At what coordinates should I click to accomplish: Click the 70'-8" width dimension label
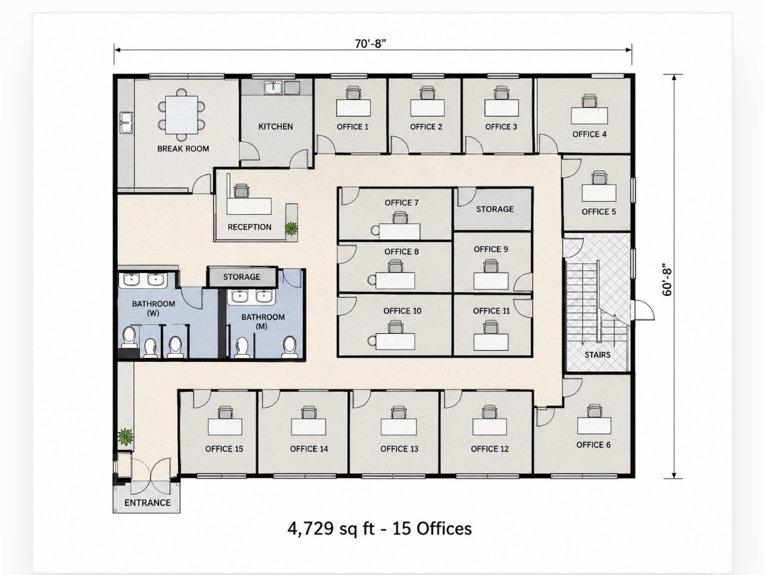371,43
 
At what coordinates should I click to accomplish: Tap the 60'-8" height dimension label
668,282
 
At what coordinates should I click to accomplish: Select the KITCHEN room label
276,126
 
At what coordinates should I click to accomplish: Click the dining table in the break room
182,114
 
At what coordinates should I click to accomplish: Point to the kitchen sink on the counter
273,88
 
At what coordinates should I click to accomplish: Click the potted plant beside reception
292,228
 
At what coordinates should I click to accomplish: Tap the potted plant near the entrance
126,436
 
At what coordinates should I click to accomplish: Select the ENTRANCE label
147,502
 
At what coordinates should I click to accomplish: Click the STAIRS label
598,355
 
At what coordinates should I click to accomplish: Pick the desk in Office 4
589,116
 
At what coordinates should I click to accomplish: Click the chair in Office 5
599,177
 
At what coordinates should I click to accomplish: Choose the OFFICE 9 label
491,249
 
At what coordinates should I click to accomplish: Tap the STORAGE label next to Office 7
495,208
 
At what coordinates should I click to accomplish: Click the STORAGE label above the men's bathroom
241,276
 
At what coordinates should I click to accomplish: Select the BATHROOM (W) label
153,308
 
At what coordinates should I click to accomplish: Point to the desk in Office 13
399,427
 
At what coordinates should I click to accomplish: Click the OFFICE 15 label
224,449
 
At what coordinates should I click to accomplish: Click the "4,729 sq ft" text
330,529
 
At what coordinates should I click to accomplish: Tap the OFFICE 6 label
593,444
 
